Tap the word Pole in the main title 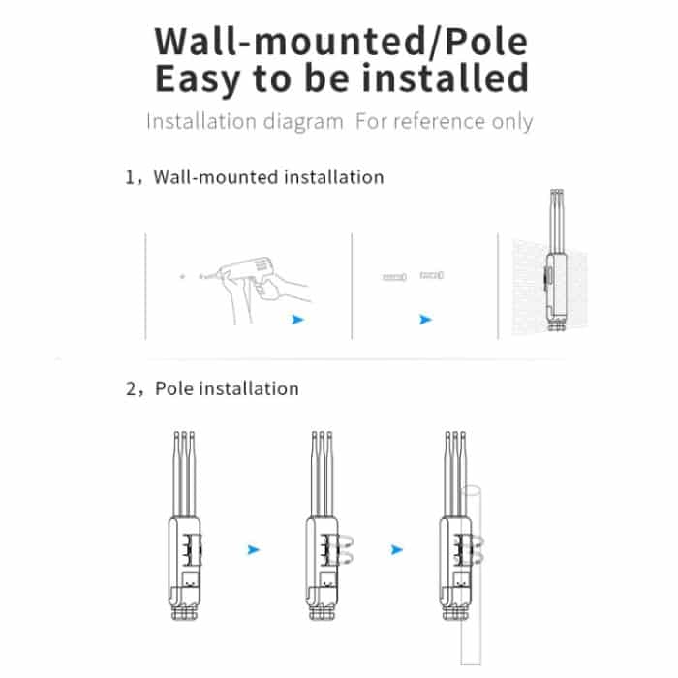(x=491, y=42)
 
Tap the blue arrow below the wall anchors (x=425, y=319)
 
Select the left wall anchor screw (x=393, y=277)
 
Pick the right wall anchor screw (x=431, y=276)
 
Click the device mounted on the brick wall (x=556, y=281)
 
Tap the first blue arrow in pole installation (x=253, y=549)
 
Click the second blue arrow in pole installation (x=396, y=549)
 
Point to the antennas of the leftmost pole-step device (x=185, y=475)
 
